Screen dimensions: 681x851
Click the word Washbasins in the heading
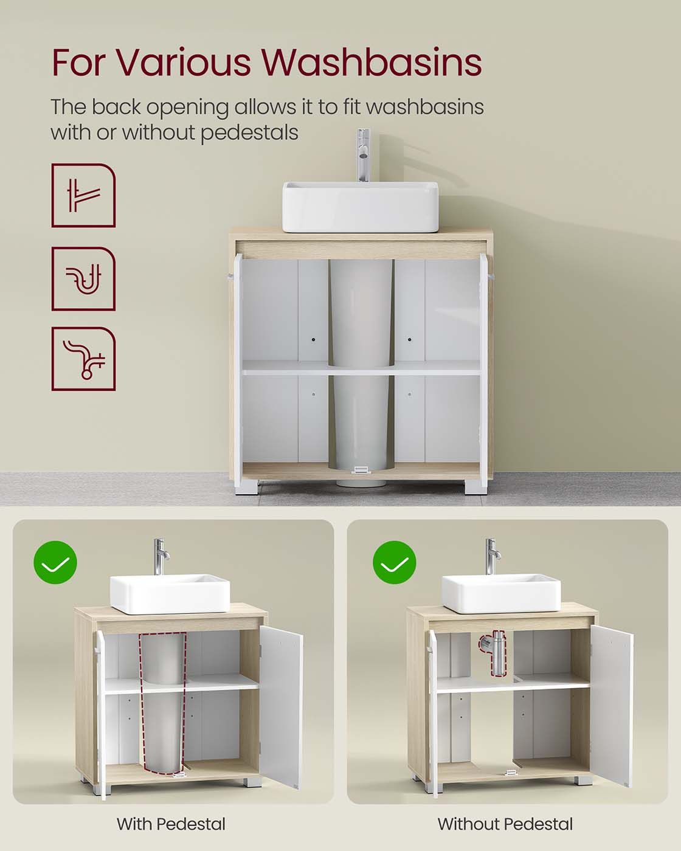372,62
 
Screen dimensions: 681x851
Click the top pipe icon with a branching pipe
83,195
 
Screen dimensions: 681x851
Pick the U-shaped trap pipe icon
83,279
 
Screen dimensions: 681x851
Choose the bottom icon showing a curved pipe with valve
83,359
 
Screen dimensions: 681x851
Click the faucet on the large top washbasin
363,155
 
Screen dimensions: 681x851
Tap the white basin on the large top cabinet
360,207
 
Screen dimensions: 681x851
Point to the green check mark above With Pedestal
55,562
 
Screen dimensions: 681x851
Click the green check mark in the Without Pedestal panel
395,562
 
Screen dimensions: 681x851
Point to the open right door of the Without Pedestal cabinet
612,707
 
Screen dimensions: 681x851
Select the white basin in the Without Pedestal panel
501,593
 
